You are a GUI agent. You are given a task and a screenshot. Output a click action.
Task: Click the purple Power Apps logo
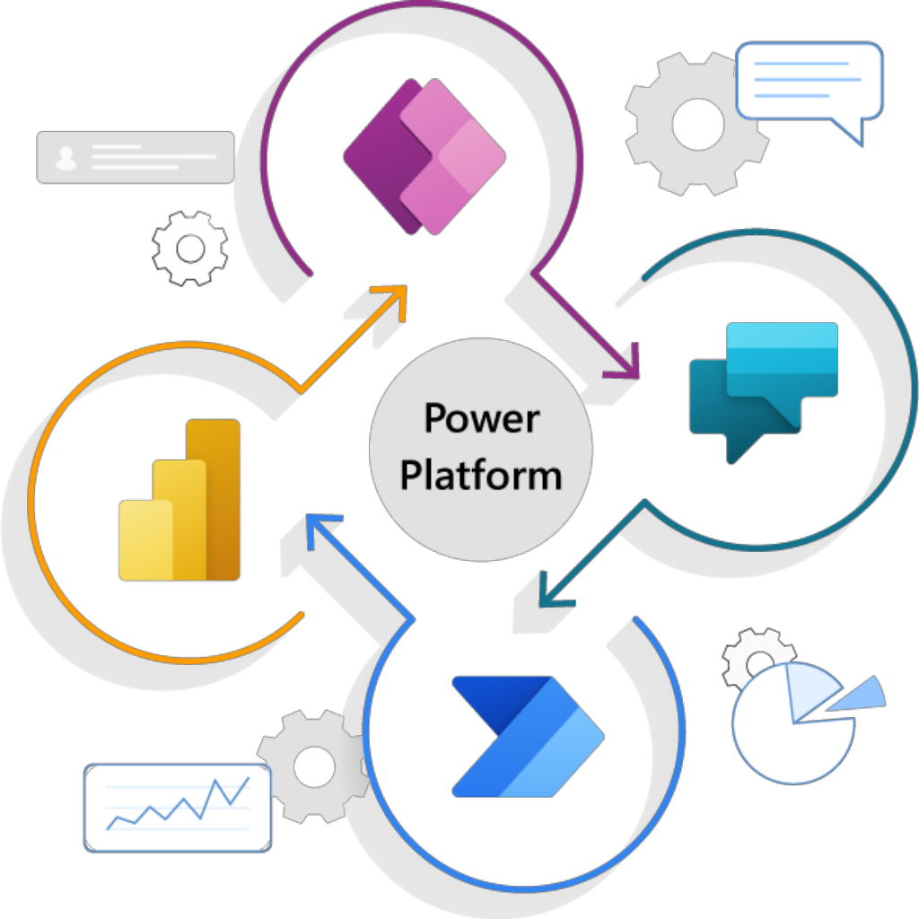[x=424, y=156]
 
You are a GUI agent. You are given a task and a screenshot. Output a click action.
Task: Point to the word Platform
[x=481, y=474]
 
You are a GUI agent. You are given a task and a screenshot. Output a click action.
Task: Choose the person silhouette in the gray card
[x=65, y=158]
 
